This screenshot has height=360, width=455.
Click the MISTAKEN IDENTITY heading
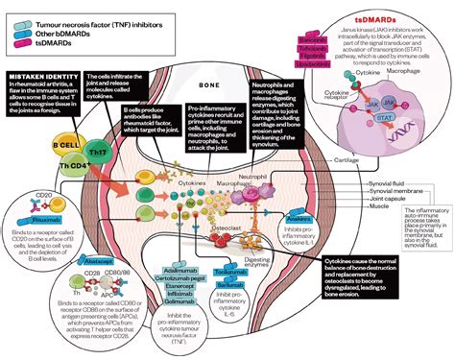(40, 76)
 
